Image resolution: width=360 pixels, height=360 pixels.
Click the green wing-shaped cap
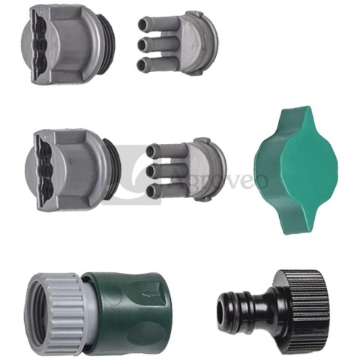tap(296, 170)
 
